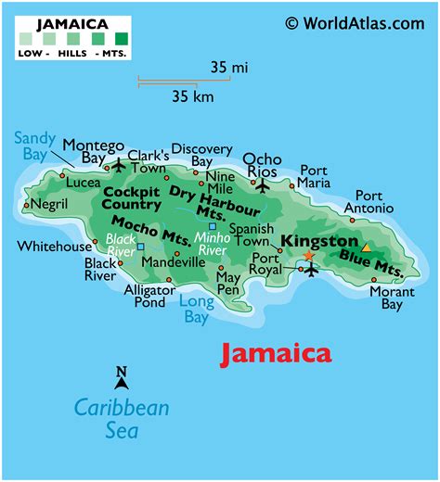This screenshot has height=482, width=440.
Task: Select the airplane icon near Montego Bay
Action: tap(118, 166)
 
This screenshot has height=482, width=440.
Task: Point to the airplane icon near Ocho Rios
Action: tap(262, 184)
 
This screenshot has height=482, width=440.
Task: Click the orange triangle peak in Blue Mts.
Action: tap(367, 247)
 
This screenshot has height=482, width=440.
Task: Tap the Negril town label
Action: tap(50, 203)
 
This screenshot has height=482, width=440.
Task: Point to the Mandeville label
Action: tap(174, 262)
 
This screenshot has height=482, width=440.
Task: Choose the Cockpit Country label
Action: tap(132, 197)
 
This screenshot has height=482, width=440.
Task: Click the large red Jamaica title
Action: tap(275, 353)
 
